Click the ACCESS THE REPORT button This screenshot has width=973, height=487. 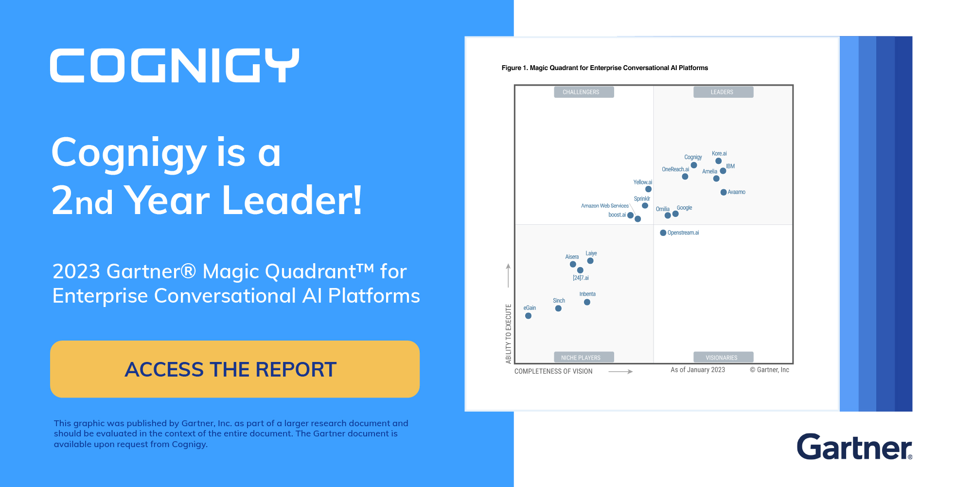click(x=235, y=369)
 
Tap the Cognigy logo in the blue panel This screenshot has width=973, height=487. click(x=175, y=65)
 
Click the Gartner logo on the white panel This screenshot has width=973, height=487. click(x=854, y=447)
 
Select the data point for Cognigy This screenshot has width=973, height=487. click(x=694, y=165)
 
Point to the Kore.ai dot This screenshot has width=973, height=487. click(x=718, y=161)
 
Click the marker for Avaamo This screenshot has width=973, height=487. click(x=724, y=192)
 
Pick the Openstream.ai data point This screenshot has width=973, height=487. click(x=663, y=233)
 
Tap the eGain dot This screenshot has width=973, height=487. click(x=529, y=316)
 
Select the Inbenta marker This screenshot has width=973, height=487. click(x=587, y=302)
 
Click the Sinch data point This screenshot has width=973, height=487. click(x=558, y=308)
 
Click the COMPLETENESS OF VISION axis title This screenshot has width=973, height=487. click(x=553, y=371)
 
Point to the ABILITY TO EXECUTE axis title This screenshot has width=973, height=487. click(x=509, y=334)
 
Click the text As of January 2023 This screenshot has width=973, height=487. click(x=698, y=370)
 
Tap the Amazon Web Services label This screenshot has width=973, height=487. click(x=605, y=206)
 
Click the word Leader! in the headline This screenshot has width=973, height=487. click(x=292, y=200)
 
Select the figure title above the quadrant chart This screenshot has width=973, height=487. click(x=605, y=68)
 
